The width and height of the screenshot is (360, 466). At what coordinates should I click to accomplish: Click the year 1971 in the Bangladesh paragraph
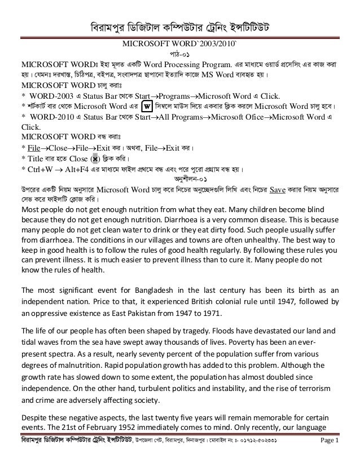pos(200,312)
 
